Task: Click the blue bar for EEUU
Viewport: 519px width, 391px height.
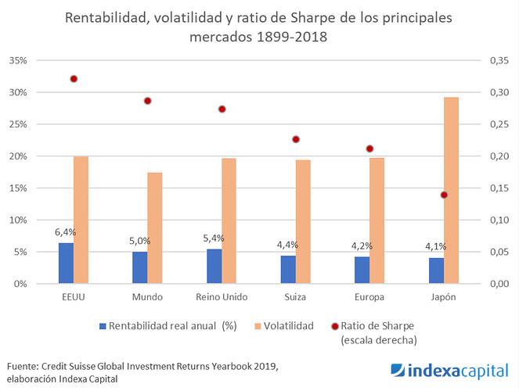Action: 66,264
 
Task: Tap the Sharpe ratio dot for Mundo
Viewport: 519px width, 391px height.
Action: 147,101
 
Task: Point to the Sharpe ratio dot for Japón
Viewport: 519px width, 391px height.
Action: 444,195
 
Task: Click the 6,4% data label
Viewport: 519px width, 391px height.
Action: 66,232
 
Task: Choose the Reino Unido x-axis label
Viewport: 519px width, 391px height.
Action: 222,298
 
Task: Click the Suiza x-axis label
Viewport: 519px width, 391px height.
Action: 296,298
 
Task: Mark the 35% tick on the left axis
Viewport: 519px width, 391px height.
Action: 16,60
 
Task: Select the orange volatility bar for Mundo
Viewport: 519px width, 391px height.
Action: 155,228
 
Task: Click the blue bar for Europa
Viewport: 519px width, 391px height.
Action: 362,270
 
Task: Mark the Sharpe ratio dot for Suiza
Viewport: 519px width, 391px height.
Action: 296,139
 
